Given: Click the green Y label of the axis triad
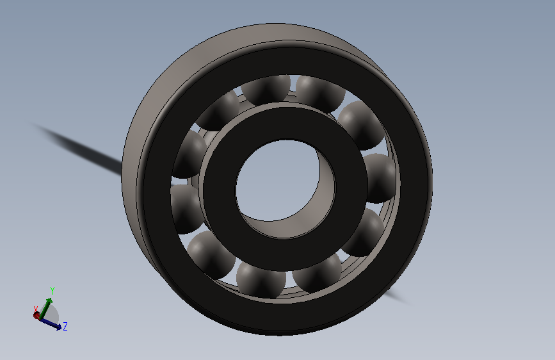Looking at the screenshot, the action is coord(52,291).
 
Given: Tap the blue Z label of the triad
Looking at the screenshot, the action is coord(65,326).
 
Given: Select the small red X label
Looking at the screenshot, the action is coord(35,309).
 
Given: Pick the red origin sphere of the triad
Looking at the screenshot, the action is coord(37,315).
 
